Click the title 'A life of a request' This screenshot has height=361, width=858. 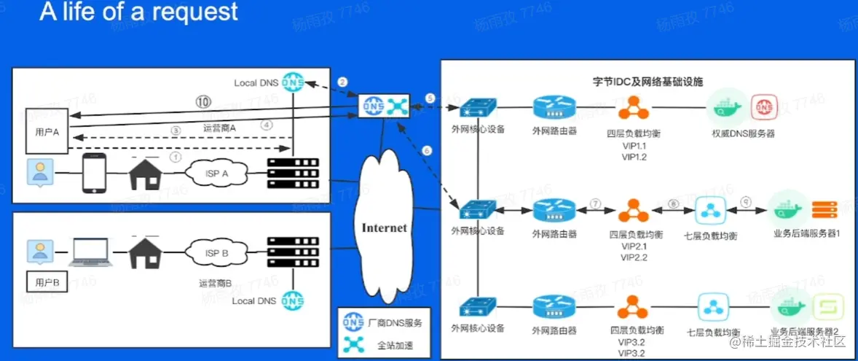pyautogui.click(x=139, y=12)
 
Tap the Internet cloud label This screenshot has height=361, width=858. pyautogui.click(x=385, y=228)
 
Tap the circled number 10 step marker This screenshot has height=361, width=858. pyautogui.click(x=204, y=101)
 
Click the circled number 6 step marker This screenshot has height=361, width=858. pyautogui.click(x=427, y=150)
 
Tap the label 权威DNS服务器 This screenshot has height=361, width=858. pyautogui.click(x=743, y=133)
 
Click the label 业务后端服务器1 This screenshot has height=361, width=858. pyautogui.click(x=807, y=234)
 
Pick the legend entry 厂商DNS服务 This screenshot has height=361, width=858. pyautogui.click(x=396, y=322)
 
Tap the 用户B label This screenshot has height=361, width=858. pyautogui.click(x=41, y=281)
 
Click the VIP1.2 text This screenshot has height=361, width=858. pyautogui.click(x=634, y=157)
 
